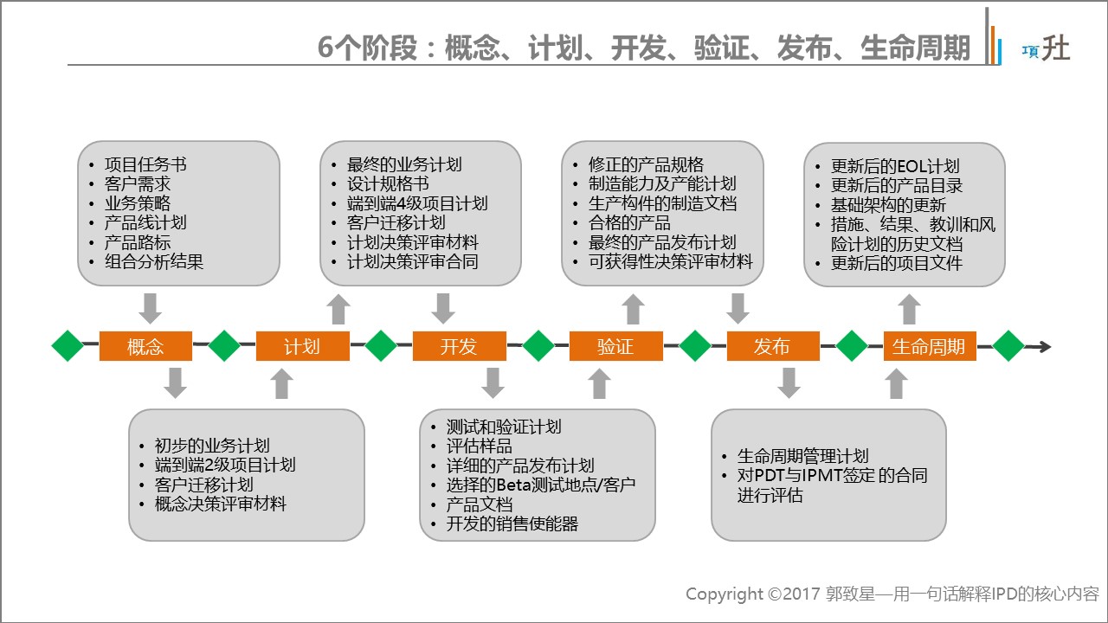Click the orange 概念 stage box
[145, 347]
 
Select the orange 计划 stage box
[301, 347]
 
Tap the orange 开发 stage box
[459, 347]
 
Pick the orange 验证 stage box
[615, 347]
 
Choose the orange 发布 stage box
[772, 347]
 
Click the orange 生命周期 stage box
[929, 347]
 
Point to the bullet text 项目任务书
[145, 164]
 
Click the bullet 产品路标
[138, 241]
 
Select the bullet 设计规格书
[388, 184]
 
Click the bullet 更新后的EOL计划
[895, 166]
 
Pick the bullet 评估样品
[480, 446]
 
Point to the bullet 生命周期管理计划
[802, 457]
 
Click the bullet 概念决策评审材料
[221, 504]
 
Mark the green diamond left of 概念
[68, 346]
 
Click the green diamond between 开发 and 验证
[538, 346]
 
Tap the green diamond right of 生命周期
[1008, 346]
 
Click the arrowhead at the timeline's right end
[1045, 347]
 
